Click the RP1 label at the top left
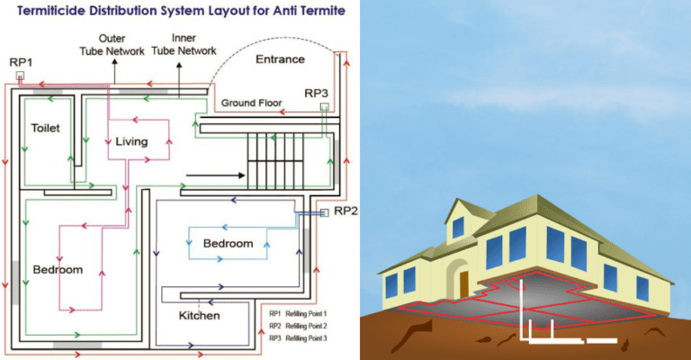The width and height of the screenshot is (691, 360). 20,61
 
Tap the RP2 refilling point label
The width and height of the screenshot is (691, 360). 346,211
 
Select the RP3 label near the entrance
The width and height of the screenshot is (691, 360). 316,93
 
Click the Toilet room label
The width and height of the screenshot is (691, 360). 45,128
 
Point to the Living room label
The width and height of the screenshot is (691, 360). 131,141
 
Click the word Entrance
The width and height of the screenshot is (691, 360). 281,59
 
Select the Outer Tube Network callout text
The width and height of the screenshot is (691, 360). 123,45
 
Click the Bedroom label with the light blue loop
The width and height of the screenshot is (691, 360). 229,244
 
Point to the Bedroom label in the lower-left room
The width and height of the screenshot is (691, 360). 58,269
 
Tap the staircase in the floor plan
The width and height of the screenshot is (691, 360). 270,157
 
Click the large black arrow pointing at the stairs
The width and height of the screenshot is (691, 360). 211,174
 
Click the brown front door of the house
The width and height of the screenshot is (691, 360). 464,283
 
